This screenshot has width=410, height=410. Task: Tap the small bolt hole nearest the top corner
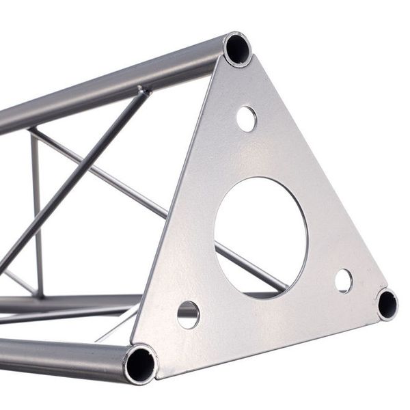pos(247,119)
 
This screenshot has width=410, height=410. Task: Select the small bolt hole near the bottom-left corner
pos(188,314)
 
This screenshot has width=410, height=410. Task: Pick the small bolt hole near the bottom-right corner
pos(343,280)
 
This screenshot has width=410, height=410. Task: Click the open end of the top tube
pos(237,49)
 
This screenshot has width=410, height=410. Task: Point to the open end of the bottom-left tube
pos(140,364)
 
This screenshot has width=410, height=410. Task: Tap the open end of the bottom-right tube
pos(387,303)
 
